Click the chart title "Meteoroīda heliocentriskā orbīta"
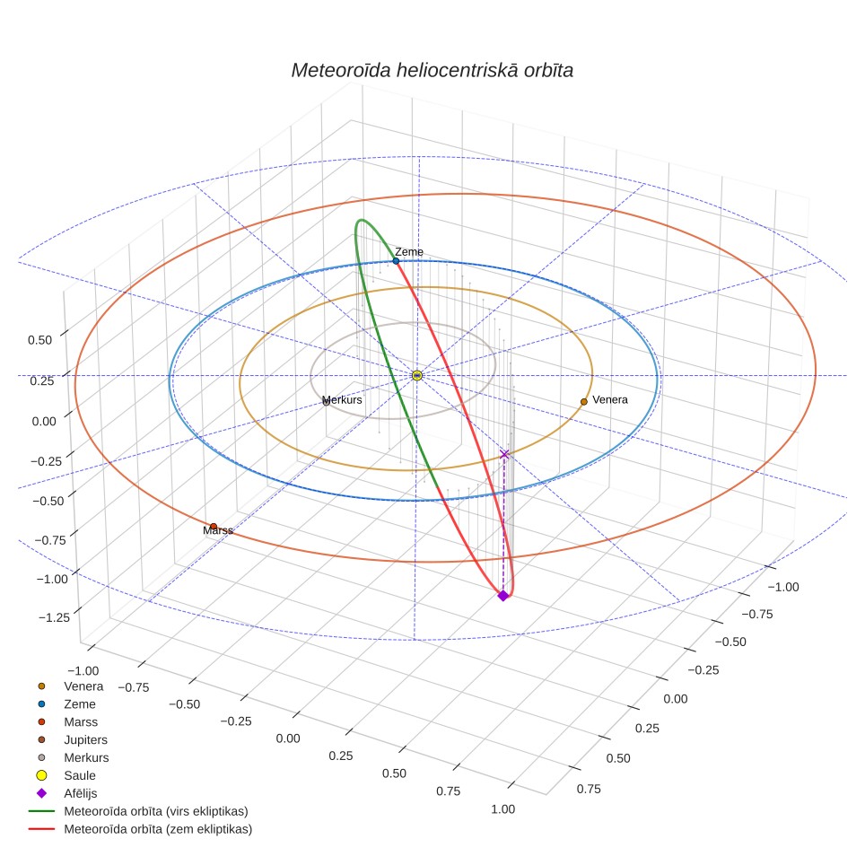pyautogui.click(x=432, y=71)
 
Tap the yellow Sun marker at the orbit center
pyautogui.click(x=417, y=375)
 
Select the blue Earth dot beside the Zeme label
pyautogui.click(x=396, y=261)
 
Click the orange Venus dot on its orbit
pyautogui.click(x=583, y=402)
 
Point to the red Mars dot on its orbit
pyautogui.click(x=214, y=527)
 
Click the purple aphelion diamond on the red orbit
pyautogui.click(x=502, y=595)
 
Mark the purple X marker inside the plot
pyautogui.click(x=503, y=454)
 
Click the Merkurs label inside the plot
pyautogui.click(x=342, y=400)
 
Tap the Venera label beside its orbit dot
pyautogui.click(x=610, y=399)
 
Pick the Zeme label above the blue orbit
pyautogui.click(x=409, y=251)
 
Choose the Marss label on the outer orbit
pyautogui.click(x=218, y=530)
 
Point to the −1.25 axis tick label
pyautogui.click(x=54, y=617)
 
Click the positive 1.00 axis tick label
pyautogui.click(x=503, y=809)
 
